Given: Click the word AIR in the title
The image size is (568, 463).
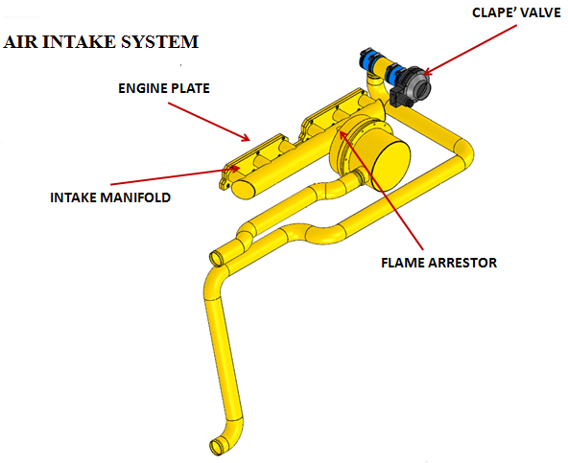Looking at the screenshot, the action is coord(20,41).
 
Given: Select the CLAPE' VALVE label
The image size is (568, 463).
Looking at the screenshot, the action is coord(516,13).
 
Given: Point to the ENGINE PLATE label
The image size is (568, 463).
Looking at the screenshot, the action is coord(164,88).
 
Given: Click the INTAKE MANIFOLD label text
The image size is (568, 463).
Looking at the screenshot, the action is coord(110,197).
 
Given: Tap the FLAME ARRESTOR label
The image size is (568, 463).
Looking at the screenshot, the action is coord(439,263).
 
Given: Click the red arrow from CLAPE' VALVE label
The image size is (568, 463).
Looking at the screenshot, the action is coord(470,50).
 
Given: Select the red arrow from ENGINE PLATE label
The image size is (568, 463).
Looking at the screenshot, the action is coord(209,122).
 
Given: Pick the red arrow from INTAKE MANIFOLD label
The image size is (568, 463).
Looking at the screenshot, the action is coord(175,175).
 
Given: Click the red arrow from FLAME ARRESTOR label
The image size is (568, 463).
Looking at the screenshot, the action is coord(381,190).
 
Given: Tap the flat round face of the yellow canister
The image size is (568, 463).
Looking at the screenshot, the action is coord(390,165).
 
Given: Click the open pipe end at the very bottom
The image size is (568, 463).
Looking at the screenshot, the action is coord(217,447).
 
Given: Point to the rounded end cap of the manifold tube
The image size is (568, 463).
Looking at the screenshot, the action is coord(244,190).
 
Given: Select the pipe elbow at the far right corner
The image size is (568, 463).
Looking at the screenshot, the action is coord(463,152).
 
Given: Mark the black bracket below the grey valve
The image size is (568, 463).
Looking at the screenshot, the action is coord(398,99).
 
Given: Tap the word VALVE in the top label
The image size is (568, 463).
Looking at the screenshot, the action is coord(540,13).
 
